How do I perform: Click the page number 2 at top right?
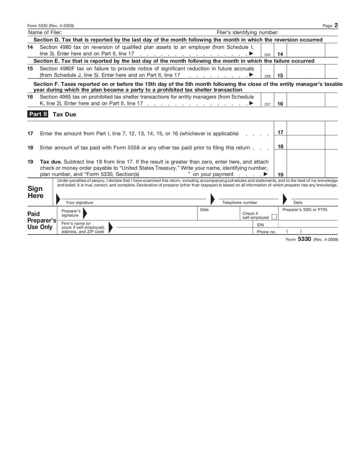tap(336, 26)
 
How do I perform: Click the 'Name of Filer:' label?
tap(45, 32)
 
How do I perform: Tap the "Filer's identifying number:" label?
tap(247, 32)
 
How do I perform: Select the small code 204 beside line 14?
tap(267, 54)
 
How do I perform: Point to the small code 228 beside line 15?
tap(267, 76)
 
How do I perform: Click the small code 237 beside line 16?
tap(267, 104)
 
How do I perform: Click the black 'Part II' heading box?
tap(38, 114)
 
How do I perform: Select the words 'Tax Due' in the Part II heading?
tap(65, 114)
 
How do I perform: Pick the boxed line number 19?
tap(280, 175)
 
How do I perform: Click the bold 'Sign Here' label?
tap(36, 192)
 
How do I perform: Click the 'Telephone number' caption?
tap(240, 203)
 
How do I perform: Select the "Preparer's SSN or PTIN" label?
tap(305, 210)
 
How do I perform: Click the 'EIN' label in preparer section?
tap(261, 224)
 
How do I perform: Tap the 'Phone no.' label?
tap(266, 231)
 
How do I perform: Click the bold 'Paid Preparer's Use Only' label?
tap(40, 221)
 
